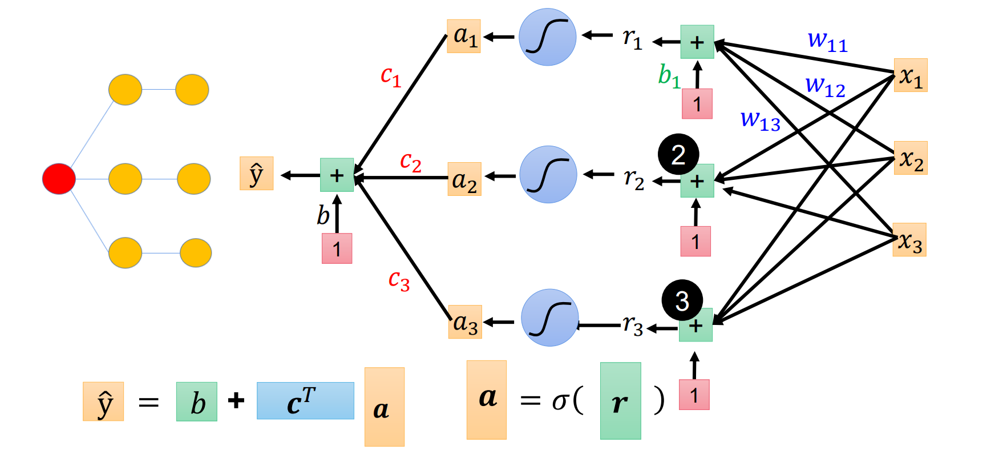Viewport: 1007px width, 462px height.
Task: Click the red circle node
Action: click(x=59, y=179)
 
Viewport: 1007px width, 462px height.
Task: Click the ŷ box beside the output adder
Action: click(x=256, y=173)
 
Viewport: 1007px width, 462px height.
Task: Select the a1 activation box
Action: click(x=464, y=36)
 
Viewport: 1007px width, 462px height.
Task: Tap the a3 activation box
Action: click(x=465, y=322)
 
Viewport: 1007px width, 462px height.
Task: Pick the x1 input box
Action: click(x=911, y=75)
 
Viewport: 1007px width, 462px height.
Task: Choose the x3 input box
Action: click(x=909, y=240)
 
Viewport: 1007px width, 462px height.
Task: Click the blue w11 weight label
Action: click(x=827, y=41)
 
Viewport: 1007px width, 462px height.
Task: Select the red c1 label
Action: click(x=391, y=75)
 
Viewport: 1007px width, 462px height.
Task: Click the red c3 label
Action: click(x=399, y=280)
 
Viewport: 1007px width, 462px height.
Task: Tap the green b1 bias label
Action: click(x=669, y=75)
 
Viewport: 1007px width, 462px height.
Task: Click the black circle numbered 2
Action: click(x=678, y=154)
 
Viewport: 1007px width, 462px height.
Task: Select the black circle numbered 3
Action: click(x=682, y=300)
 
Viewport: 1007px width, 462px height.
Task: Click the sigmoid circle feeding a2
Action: click(x=548, y=174)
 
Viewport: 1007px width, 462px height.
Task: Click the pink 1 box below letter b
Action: click(x=337, y=248)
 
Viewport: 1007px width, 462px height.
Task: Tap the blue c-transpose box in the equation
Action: click(x=305, y=401)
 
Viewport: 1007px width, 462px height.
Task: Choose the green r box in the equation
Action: click(x=620, y=401)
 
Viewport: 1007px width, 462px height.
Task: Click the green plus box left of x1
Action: click(x=697, y=42)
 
